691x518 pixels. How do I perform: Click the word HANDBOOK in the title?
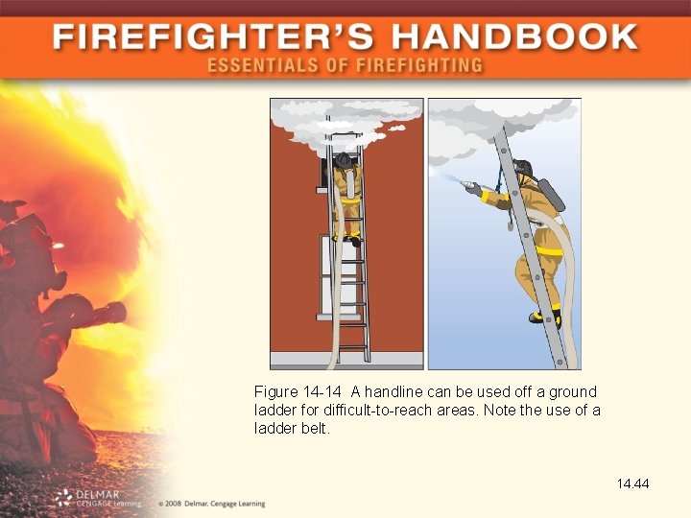[515, 36]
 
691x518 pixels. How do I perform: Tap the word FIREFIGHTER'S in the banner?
[213, 36]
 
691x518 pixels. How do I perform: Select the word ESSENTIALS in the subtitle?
[263, 65]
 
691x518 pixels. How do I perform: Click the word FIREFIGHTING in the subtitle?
[419, 65]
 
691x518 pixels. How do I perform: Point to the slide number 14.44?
[632, 483]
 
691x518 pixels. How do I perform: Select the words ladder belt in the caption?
[292, 428]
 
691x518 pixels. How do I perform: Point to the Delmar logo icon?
[64, 498]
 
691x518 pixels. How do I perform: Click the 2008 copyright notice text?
[212, 504]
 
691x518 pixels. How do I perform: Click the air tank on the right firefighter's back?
[551, 195]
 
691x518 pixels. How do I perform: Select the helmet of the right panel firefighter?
[524, 167]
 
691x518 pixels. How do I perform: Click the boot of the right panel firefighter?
[545, 318]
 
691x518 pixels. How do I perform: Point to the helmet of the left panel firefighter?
[343, 160]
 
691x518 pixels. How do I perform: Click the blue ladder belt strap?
[501, 179]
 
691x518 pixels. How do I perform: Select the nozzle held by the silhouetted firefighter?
[107, 313]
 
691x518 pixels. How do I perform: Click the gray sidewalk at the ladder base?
[346, 361]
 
